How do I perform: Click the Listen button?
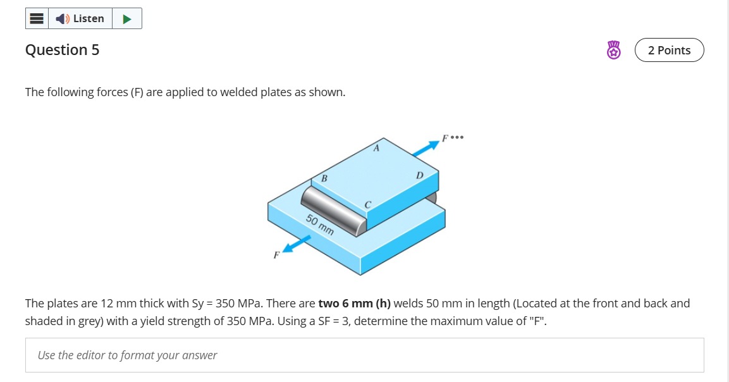[80, 18]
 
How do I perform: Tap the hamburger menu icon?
[37, 18]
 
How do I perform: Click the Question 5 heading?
[62, 50]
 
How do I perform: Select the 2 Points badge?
[669, 51]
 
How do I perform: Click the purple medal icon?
[613, 51]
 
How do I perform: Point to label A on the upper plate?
[376, 149]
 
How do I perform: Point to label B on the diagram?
[324, 179]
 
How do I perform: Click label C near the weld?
[367, 204]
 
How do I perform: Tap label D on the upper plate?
[419, 175]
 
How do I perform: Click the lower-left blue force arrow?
[297, 244]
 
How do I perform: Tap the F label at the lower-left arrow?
[276, 256]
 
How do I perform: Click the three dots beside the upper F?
[458, 137]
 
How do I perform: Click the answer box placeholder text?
[127, 355]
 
